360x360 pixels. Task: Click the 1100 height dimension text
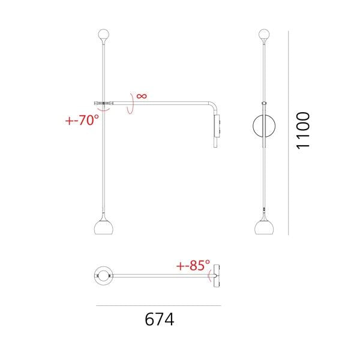(x=302, y=130)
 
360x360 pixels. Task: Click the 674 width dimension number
(x=159, y=319)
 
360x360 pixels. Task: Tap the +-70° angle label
(x=82, y=119)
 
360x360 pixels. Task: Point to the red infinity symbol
(x=142, y=95)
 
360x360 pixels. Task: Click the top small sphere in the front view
(x=264, y=34)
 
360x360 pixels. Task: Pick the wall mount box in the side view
(x=218, y=127)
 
